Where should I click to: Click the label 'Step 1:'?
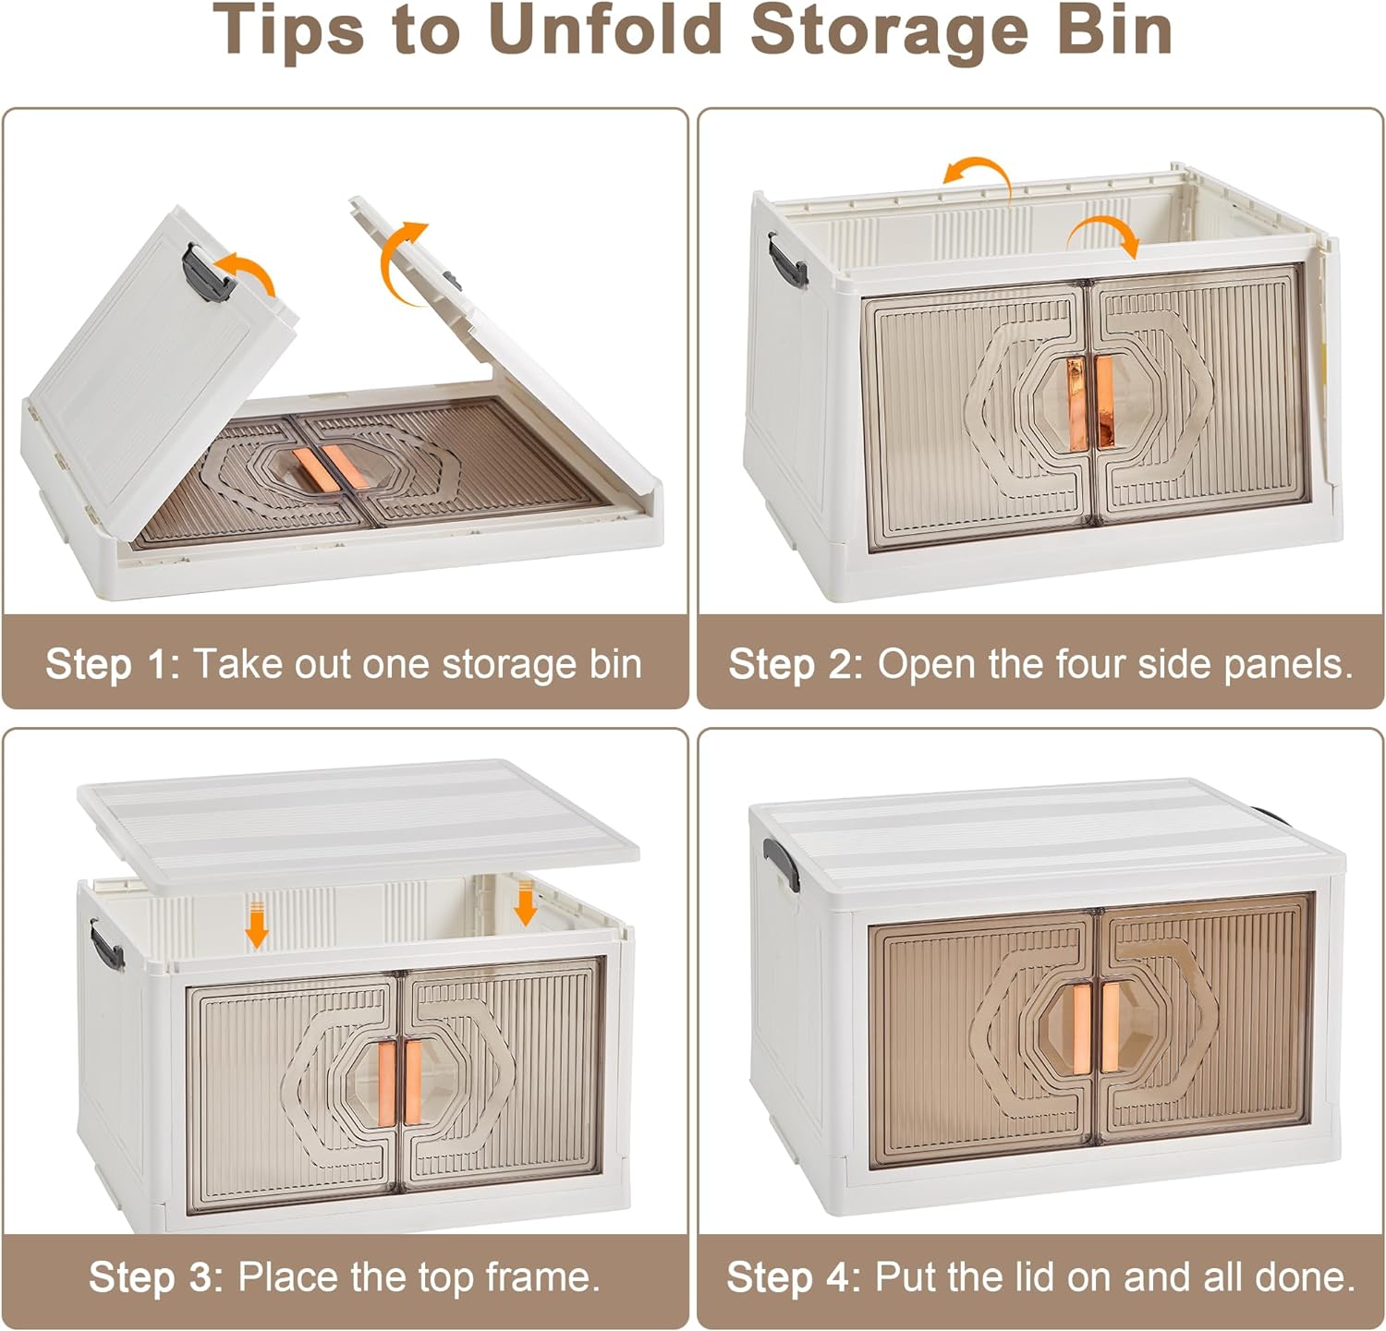click(113, 664)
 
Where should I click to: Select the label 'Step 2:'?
click(796, 664)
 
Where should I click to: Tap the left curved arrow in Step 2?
click(977, 175)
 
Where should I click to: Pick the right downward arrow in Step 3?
click(525, 902)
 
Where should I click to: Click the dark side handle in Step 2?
click(785, 259)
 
